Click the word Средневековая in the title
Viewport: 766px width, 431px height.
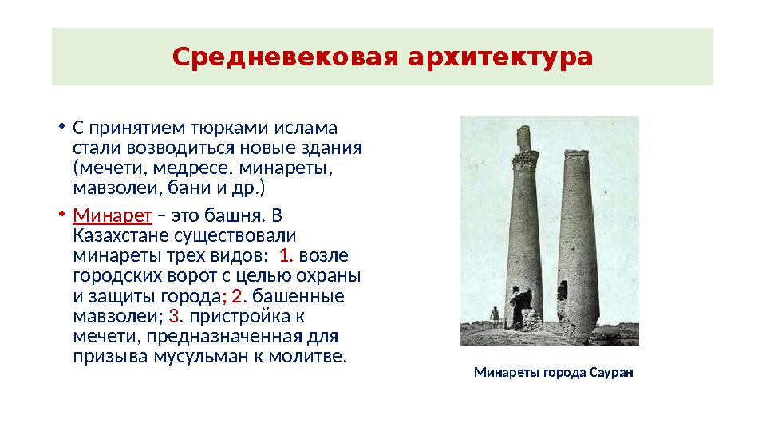283,57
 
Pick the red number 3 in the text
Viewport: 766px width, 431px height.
175,317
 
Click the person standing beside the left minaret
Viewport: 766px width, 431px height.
495,318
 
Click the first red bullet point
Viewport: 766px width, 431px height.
61,128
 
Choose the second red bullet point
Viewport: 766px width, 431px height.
61,215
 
